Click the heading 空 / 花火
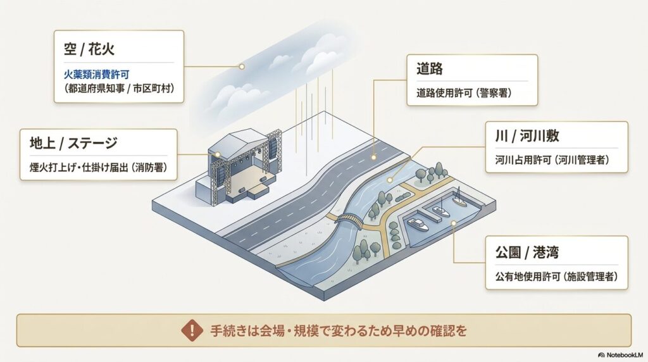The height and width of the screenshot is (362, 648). (x=89, y=49)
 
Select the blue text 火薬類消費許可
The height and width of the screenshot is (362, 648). (x=96, y=75)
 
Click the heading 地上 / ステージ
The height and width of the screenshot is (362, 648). (x=73, y=143)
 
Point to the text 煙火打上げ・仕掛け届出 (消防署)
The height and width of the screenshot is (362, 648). (x=98, y=167)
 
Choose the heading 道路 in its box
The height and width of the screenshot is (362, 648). (x=430, y=68)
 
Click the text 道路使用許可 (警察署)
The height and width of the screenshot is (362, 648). (x=464, y=92)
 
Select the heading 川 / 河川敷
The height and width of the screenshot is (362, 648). (x=527, y=136)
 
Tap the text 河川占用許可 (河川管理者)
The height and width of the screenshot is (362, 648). (x=552, y=159)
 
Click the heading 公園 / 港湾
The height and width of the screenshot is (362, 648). (x=527, y=252)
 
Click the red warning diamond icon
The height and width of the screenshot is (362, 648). (x=192, y=330)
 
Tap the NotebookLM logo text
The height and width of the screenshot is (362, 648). (x=621, y=354)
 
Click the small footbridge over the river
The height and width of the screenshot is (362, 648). (x=348, y=220)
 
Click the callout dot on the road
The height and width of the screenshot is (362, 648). (x=373, y=157)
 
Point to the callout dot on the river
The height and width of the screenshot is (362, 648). (x=389, y=180)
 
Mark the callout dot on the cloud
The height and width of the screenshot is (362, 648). (x=242, y=66)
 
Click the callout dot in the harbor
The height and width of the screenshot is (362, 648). (x=453, y=223)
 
